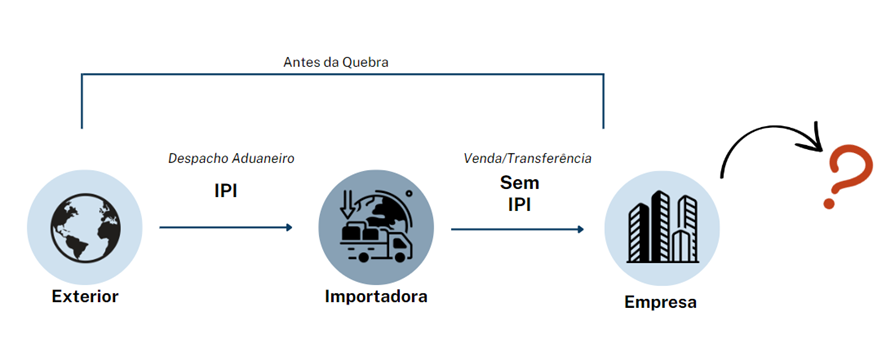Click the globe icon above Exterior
tap(85, 227)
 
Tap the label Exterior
tap(85, 296)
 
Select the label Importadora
tap(376, 296)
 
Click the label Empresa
tap(660, 302)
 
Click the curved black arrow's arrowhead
tap(815, 137)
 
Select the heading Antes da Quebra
tap(336, 62)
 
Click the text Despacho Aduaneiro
tap(231, 158)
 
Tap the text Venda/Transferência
tap(527, 158)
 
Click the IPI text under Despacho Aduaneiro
tap(225, 191)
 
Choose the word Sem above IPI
tap(519, 183)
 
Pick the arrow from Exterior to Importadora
tap(226, 227)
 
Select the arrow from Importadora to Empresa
tap(518, 229)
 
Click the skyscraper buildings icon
tap(662, 227)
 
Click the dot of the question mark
tap(829, 202)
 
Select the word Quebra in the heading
tap(366, 62)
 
